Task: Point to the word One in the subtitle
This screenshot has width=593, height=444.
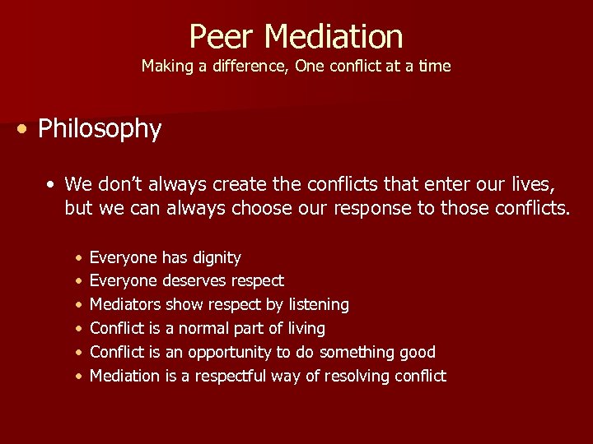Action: (310, 67)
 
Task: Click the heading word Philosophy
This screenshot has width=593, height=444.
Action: (100, 129)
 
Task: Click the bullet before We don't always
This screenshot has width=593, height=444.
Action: (52, 184)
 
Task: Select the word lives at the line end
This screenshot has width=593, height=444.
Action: (537, 184)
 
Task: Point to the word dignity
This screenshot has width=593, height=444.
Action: (217, 258)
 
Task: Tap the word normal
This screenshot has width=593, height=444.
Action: (202, 329)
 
